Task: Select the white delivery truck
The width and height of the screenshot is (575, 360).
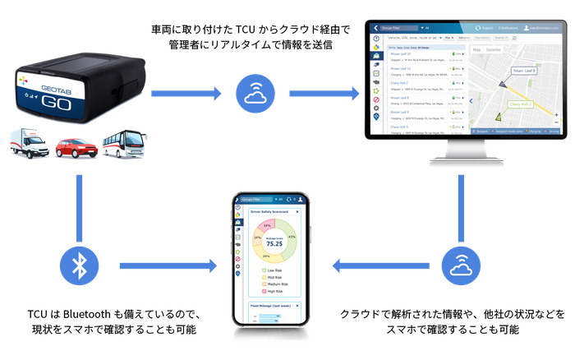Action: click(x=30, y=143)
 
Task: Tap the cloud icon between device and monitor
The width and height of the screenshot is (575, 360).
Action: click(x=253, y=93)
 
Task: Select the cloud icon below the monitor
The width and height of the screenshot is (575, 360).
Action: click(x=458, y=265)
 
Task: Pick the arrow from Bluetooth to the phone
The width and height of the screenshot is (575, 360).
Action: click(x=169, y=265)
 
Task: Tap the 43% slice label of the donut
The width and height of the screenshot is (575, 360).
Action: click(x=292, y=237)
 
